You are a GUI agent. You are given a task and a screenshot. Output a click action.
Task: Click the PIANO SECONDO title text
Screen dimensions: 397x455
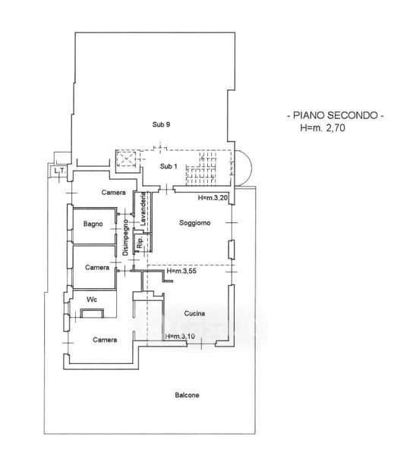pos(336,115)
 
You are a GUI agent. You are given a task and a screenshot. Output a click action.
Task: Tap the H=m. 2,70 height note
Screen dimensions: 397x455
pos(323,127)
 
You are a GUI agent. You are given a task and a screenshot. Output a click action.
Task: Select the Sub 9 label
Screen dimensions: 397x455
pos(161,124)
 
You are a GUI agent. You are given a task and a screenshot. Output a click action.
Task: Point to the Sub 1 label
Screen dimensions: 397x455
pos(169,166)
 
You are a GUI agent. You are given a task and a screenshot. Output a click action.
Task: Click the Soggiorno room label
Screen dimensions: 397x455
pos(194,223)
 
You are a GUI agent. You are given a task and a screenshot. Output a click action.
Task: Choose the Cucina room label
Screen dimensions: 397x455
pos(194,313)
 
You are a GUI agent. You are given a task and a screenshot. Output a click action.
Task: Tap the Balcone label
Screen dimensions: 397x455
pos(187,395)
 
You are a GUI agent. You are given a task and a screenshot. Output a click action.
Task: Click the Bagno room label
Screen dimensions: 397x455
pos(93,224)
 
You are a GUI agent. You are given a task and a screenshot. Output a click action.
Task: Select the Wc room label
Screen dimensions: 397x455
pos(92,300)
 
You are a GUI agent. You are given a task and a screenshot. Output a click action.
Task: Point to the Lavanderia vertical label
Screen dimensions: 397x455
pos(143,209)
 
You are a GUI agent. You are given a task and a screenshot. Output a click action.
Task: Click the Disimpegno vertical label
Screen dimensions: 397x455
pos(125,237)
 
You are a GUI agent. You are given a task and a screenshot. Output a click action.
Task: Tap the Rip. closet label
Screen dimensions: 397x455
pos(140,242)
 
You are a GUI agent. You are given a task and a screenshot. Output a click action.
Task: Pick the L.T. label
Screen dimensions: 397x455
pos(60,171)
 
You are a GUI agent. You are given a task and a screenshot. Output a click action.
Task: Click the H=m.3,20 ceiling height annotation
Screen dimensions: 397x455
pos(213,198)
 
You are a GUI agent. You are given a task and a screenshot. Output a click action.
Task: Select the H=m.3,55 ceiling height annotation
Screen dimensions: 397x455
pos(181,271)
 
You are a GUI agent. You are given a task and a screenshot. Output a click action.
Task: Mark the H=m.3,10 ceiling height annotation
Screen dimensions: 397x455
pos(180,336)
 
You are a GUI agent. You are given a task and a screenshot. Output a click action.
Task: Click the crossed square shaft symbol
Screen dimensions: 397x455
pos(126,158)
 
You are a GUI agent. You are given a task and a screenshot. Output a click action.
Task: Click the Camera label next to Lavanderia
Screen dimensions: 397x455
pos(114,193)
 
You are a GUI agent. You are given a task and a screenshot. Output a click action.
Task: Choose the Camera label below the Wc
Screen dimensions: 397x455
pos(105,340)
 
